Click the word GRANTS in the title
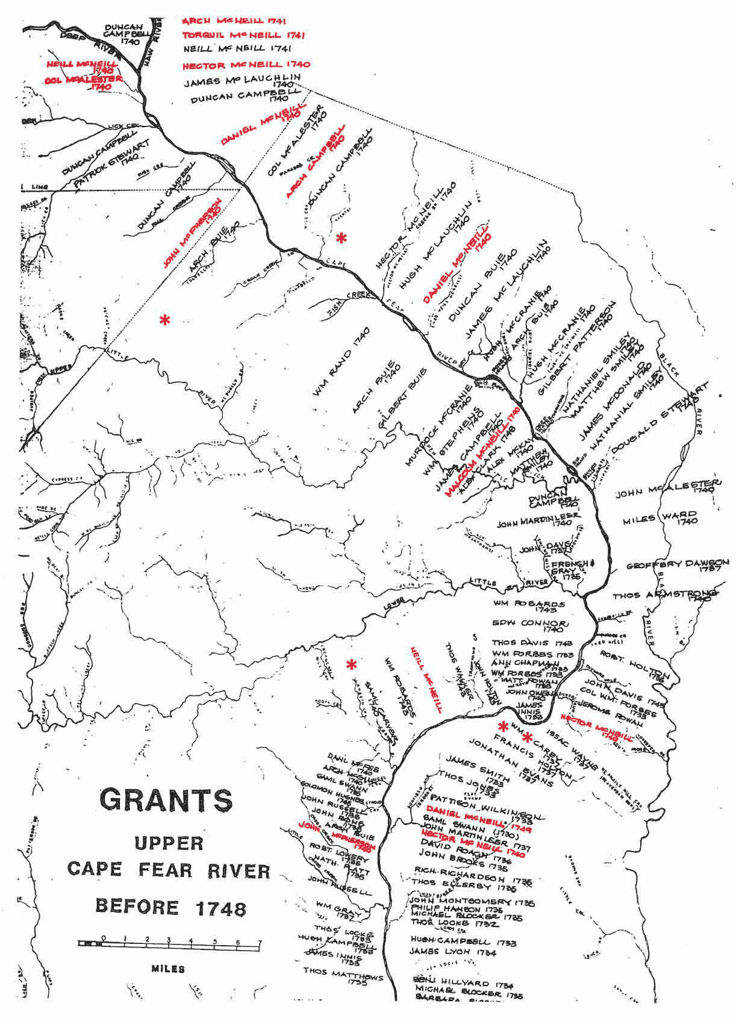(x=166, y=801)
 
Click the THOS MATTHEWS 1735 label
(x=343, y=976)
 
